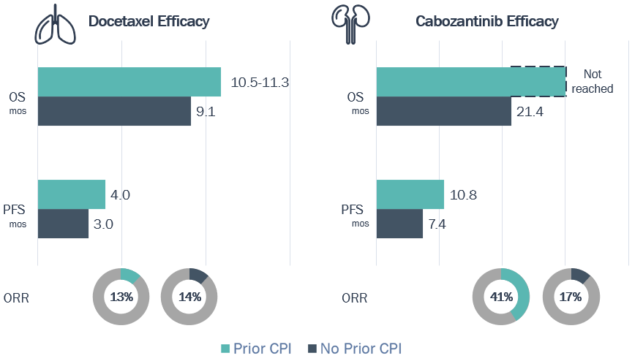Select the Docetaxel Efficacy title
point(148,21)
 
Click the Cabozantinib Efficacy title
point(487,21)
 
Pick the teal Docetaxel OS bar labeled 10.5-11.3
point(129,82)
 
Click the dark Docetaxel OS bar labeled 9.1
point(114,111)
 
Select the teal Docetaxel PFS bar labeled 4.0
point(71,194)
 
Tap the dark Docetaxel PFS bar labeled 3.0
point(63,224)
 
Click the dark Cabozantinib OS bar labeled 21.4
point(443,111)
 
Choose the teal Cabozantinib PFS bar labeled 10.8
point(410,194)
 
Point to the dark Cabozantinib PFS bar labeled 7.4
point(399,224)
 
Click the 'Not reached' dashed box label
point(592,81)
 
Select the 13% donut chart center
point(121,297)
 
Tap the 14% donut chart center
point(189,297)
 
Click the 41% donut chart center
point(500,297)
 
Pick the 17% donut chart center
point(571,297)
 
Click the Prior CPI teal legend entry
point(256,349)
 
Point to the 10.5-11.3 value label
point(260,83)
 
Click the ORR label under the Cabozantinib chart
point(355,297)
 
